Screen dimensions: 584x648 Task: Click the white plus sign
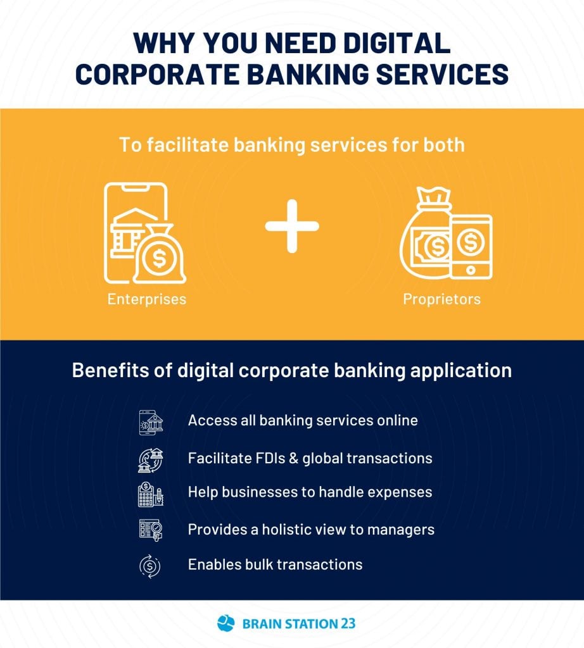(292, 226)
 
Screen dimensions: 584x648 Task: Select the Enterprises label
(147, 299)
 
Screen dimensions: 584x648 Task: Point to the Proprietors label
(441, 299)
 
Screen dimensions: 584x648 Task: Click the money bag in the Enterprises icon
(160, 254)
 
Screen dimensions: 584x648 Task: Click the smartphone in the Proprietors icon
(471, 247)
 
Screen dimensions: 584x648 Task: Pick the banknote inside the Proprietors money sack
(432, 246)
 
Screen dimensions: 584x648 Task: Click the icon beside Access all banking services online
(151, 422)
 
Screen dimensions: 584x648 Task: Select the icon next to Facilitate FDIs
(151, 460)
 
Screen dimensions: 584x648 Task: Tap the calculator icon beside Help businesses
(151, 494)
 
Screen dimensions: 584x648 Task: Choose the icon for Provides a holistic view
(151, 530)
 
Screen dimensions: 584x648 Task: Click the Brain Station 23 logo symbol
(226, 623)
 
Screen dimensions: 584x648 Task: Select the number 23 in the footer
(348, 623)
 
